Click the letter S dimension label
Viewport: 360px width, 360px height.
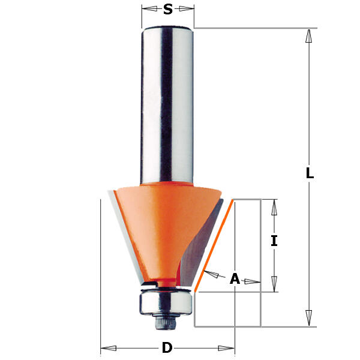(168, 10)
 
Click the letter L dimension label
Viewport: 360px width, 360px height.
(310, 173)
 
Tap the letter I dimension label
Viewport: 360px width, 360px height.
(274, 241)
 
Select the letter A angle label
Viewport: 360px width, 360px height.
(235, 278)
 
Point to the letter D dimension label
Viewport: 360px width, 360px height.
(167, 347)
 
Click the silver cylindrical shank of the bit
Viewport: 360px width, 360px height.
(167, 105)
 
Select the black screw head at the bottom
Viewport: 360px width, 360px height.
(166, 322)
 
